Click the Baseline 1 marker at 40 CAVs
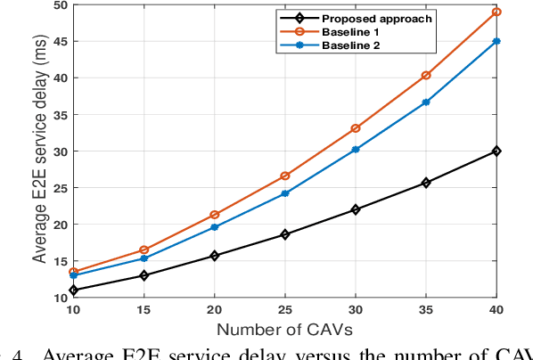pos(496,12)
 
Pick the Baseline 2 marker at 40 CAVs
pos(496,41)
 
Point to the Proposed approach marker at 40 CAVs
pos(496,151)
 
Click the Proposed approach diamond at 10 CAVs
pos(73,290)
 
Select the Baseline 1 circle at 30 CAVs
pos(356,128)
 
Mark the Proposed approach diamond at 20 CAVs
pos(214,256)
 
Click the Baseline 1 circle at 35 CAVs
pos(426,76)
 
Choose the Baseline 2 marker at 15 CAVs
pos(143,258)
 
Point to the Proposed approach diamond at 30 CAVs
pos(356,209)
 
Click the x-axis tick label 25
pos(285,309)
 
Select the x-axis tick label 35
pos(426,309)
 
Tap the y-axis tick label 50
pos(59,5)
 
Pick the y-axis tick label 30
pos(59,151)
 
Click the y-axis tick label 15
pos(59,261)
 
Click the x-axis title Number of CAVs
pos(284,331)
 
